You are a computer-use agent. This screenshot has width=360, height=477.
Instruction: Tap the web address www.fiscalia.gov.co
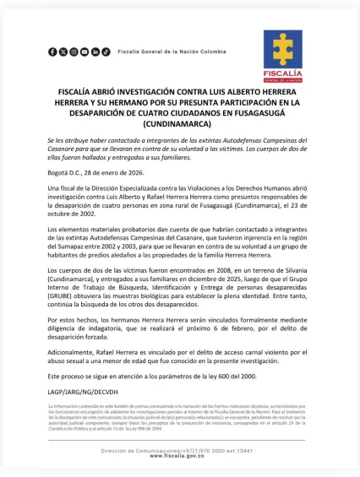[180, 456]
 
